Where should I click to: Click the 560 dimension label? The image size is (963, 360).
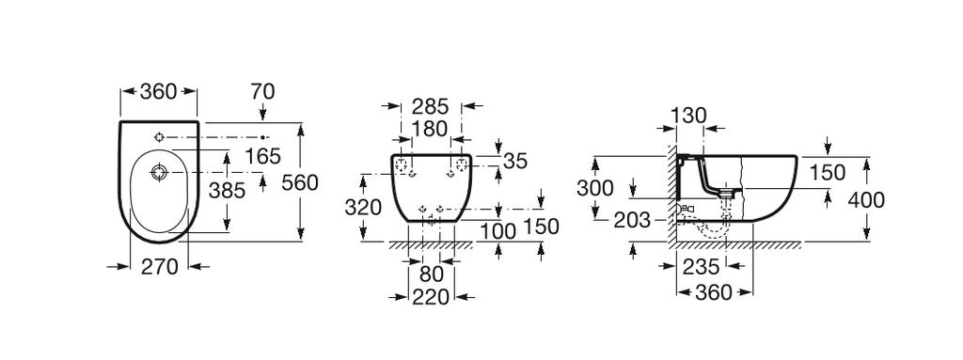point(301,182)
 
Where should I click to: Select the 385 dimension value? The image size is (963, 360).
point(227,190)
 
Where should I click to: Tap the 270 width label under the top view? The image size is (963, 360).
point(160,267)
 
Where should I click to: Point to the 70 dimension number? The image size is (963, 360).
point(262,93)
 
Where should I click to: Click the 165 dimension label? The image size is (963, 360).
point(262,156)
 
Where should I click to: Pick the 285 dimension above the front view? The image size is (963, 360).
point(430,106)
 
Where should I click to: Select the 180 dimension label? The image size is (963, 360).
point(430,128)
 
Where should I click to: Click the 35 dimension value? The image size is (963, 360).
point(514,161)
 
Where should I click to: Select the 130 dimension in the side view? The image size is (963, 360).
point(688,114)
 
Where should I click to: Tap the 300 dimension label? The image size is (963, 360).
point(594,189)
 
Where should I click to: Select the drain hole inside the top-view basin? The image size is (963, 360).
point(157,172)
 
